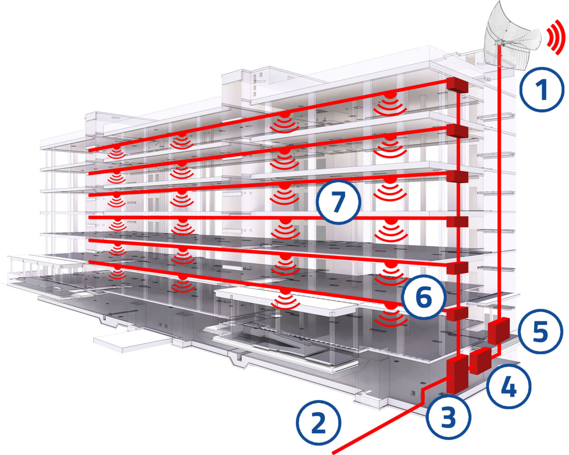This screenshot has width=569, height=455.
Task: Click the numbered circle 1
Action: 542,89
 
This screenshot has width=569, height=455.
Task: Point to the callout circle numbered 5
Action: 540,331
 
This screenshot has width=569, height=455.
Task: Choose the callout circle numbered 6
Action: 424,297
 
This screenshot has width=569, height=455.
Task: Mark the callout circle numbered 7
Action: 339,202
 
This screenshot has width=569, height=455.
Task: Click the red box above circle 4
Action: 480,361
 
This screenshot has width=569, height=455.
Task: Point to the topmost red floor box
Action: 457,85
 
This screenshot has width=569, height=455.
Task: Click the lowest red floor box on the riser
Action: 457,314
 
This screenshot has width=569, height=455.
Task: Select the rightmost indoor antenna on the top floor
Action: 389,102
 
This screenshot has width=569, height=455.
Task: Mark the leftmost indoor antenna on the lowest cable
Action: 117,273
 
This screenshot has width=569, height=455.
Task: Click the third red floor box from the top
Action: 457,176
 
